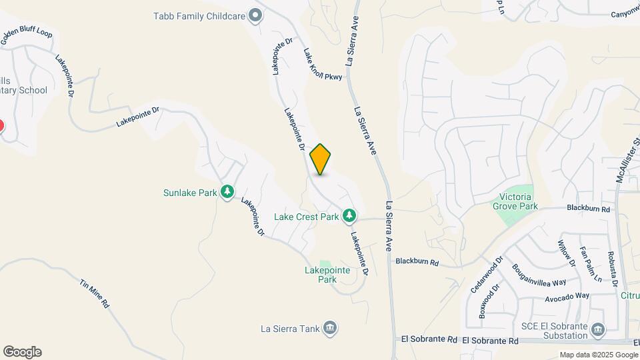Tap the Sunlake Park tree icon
(227, 193)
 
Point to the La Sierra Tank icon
(329, 328)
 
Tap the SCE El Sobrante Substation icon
(597, 329)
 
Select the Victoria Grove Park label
(519, 202)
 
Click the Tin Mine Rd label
(94, 294)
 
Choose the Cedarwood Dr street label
(485, 271)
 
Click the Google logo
(22, 352)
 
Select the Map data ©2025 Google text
(598, 355)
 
